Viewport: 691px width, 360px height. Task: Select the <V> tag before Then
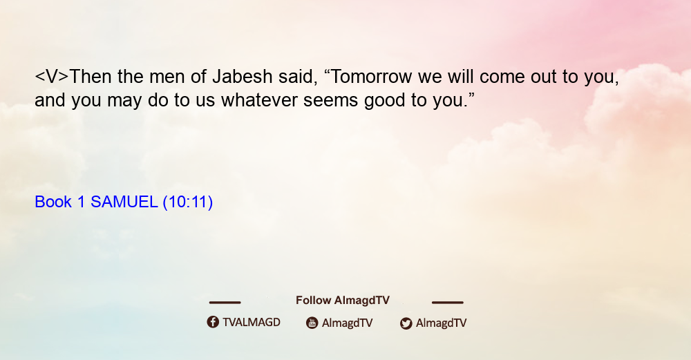point(52,77)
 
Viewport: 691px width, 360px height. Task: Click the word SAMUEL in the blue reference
point(124,202)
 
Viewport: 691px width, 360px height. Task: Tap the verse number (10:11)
point(188,202)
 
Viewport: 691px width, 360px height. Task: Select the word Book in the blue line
point(53,202)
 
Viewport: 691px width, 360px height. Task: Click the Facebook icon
point(213,322)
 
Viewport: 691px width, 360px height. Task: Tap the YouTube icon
point(312,323)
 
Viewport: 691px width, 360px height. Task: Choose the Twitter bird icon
point(406,323)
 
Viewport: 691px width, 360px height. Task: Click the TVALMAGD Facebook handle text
point(252,322)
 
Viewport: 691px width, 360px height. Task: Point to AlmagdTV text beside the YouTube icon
point(348,323)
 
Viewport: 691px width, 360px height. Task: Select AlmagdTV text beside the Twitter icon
point(441,323)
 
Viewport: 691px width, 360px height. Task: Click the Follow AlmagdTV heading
point(343,301)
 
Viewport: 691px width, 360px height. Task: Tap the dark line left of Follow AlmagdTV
point(225,302)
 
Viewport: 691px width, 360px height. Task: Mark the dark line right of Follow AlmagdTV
point(448,302)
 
